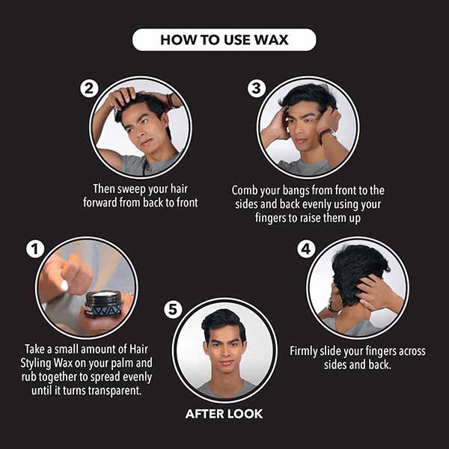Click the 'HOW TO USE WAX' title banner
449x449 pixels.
[224, 40]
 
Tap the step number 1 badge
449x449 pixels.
[35, 249]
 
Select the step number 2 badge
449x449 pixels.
[89, 88]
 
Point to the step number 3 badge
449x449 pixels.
[257, 88]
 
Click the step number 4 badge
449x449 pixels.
[306, 249]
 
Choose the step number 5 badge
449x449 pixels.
[173, 310]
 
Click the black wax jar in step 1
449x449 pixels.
[105, 304]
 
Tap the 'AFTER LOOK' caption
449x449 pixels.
[224, 414]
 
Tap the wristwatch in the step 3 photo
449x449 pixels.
[329, 133]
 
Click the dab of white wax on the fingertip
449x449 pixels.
[64, 286]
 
